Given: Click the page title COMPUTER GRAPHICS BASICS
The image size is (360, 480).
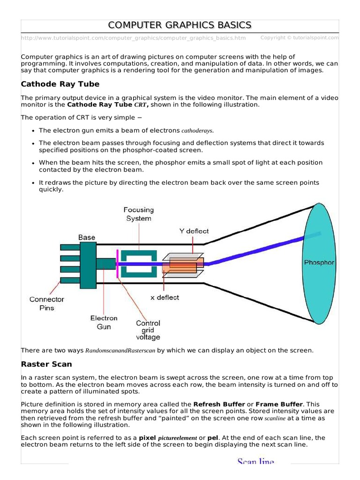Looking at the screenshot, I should [x=180, y=25].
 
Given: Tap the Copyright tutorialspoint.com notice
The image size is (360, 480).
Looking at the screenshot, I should [x=299, y=37].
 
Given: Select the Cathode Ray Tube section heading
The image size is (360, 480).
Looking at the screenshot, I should [x=60, y=84].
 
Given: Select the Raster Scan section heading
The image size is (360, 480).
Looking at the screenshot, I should [x=46, y=364].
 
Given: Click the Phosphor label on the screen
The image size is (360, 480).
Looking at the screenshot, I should [x=319, y=262].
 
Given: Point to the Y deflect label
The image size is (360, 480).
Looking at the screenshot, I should [x=194, y=231].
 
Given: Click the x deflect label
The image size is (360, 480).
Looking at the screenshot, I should [x=164, y=297].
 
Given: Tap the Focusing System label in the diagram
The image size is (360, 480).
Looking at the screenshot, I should [x=138, y=214].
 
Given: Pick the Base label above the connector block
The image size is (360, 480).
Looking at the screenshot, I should [x=87, y=238].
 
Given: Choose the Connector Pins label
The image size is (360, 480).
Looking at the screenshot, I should [x=47, y=303].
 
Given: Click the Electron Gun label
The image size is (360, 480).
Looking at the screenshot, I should [x=104, y=322].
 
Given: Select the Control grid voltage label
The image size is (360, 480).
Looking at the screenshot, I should [x=148, y=330].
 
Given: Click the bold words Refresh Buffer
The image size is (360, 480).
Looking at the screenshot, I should [x=219, y=404].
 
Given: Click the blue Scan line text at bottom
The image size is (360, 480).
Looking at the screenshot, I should [x=255, y=462].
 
